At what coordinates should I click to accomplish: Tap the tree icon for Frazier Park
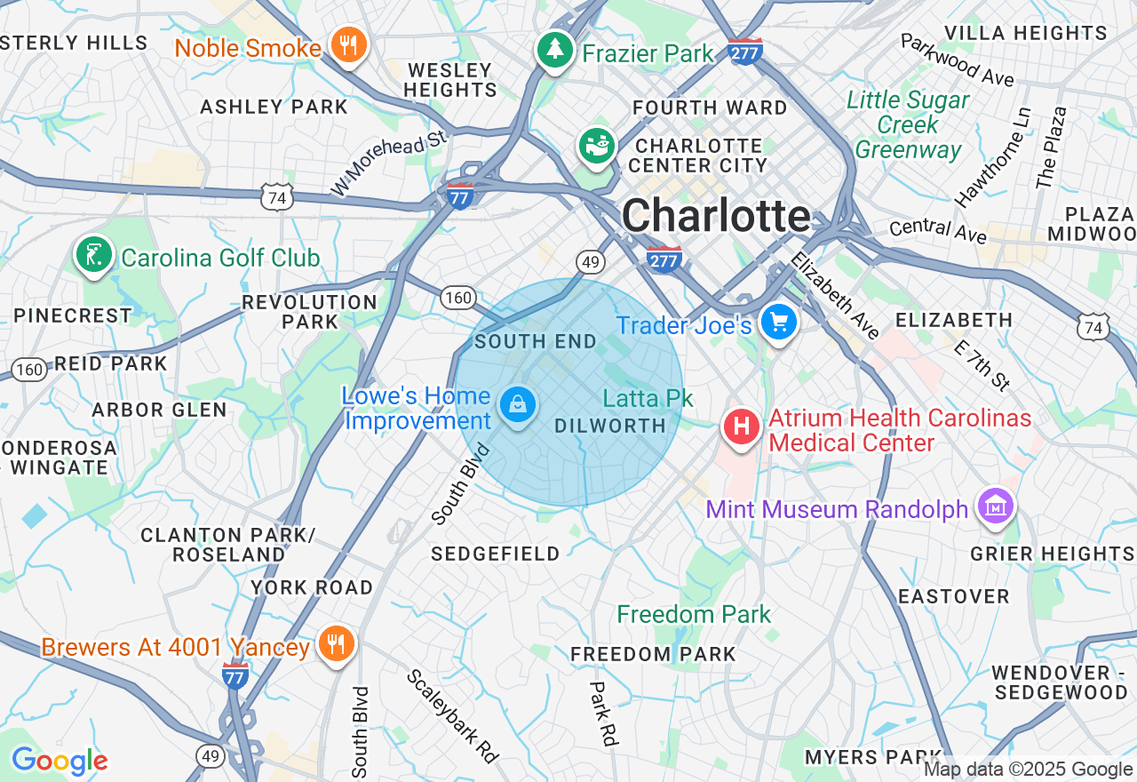pos(556,50)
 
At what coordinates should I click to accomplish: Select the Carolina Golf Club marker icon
pos(93,256)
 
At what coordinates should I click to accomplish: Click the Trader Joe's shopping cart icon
pos(779,323)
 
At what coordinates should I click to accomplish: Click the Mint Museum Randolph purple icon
pos(996,507)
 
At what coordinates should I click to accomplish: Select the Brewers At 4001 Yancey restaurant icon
pos(335,644)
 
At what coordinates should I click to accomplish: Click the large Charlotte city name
pos(716,216)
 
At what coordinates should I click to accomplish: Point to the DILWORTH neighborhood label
pos(610,427)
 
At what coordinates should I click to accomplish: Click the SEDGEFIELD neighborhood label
pos(496,554)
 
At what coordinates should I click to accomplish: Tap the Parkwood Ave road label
pos(957,60)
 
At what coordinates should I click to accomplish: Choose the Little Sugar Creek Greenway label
pos(908,124)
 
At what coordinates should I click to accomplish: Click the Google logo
pos(60,761)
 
